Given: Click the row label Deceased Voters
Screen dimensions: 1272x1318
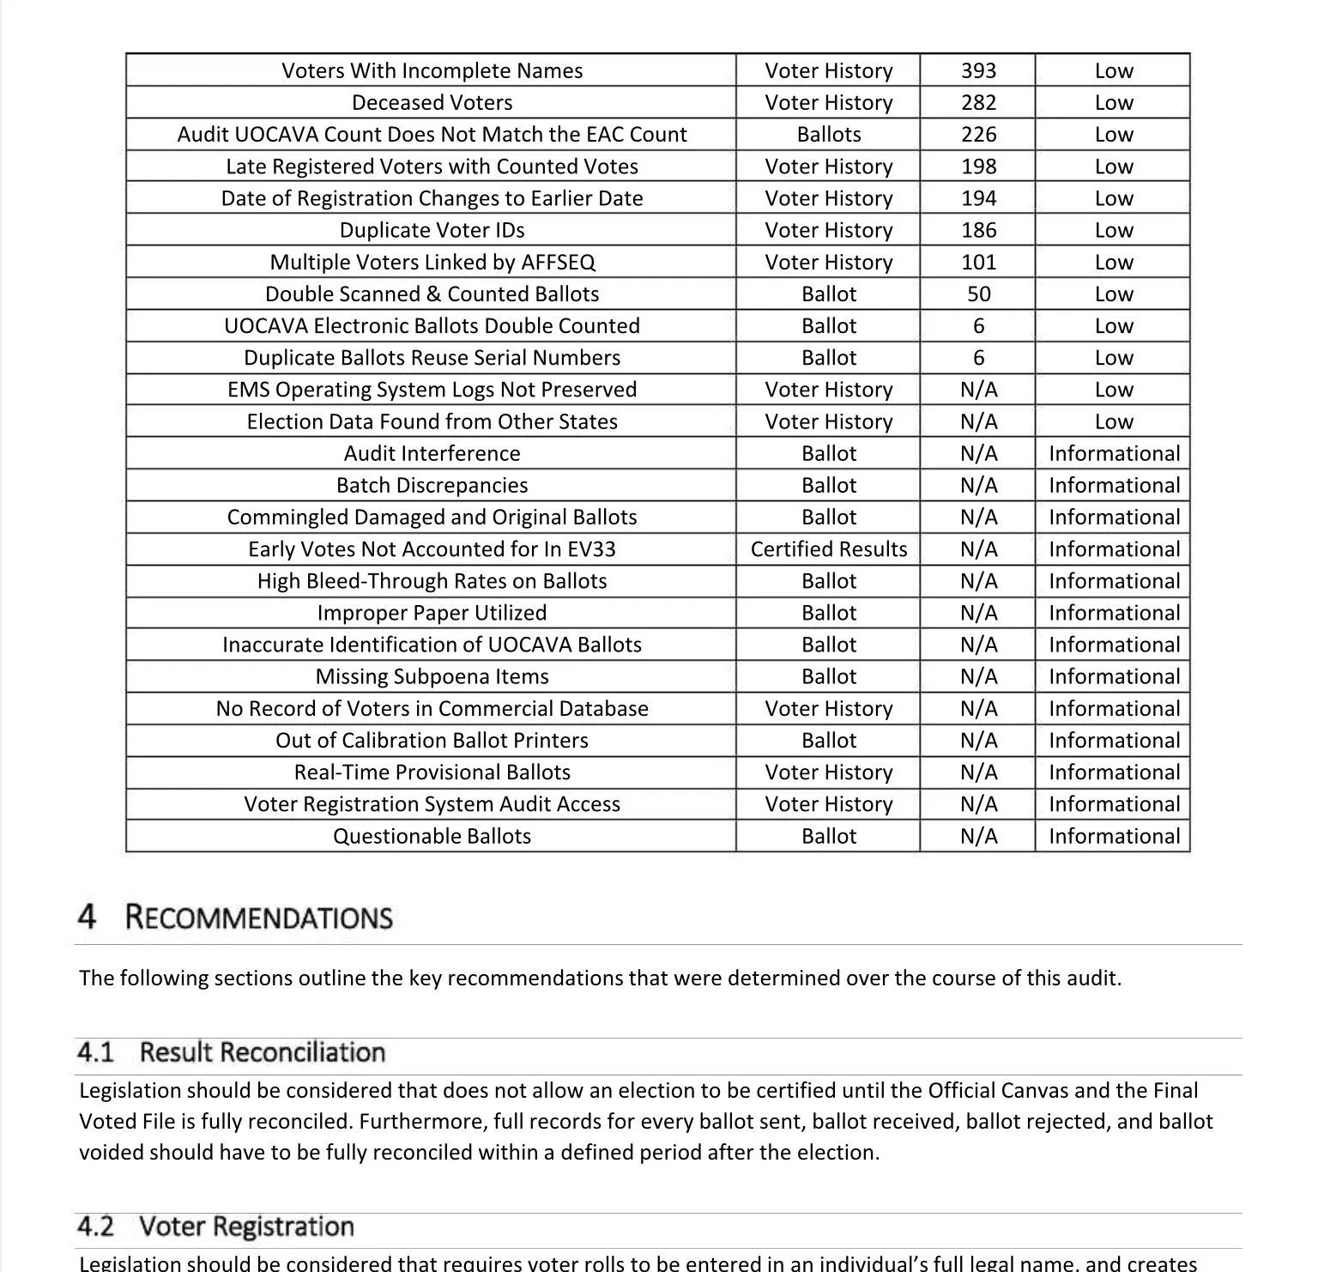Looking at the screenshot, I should [x=432, y=103].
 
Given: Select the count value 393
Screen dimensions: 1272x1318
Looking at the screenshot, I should [x=978, y=71].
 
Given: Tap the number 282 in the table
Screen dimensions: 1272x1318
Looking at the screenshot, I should [x=978, y=103].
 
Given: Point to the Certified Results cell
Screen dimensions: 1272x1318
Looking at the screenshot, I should [x=828, y=549].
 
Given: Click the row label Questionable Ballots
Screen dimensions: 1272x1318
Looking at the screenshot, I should [x=432, y=836].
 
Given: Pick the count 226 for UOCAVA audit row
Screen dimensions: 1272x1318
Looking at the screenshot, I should [x=978, y=135].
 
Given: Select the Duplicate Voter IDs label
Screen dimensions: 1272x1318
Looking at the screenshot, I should [x=432, y=230].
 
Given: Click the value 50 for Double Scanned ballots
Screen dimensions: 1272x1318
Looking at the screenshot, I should [x=978, y=294].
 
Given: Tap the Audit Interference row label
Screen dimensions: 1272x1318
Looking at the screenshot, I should [x=432, y=453].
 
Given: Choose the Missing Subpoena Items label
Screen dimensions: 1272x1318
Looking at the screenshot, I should [x=432, y=676].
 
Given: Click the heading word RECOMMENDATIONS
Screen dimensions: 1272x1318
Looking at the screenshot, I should [x=258, y=918].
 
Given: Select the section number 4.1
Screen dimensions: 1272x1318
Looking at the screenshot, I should [x=95, y=1052].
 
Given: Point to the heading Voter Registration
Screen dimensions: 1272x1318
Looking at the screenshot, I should [x=246, y=1227].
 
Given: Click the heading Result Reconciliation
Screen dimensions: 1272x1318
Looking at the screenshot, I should [x=262, y=1052].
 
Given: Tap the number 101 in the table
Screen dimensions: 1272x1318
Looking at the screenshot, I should [x=978, y=263].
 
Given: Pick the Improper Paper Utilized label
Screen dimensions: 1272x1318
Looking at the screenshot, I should [x=432, y=613].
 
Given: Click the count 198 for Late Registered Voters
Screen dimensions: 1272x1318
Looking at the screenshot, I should [x=978, y=167].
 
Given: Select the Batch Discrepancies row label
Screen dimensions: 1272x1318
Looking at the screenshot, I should [x=432, y=486].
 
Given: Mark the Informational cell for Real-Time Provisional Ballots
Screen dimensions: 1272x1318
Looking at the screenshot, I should [x=1114, y=772].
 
